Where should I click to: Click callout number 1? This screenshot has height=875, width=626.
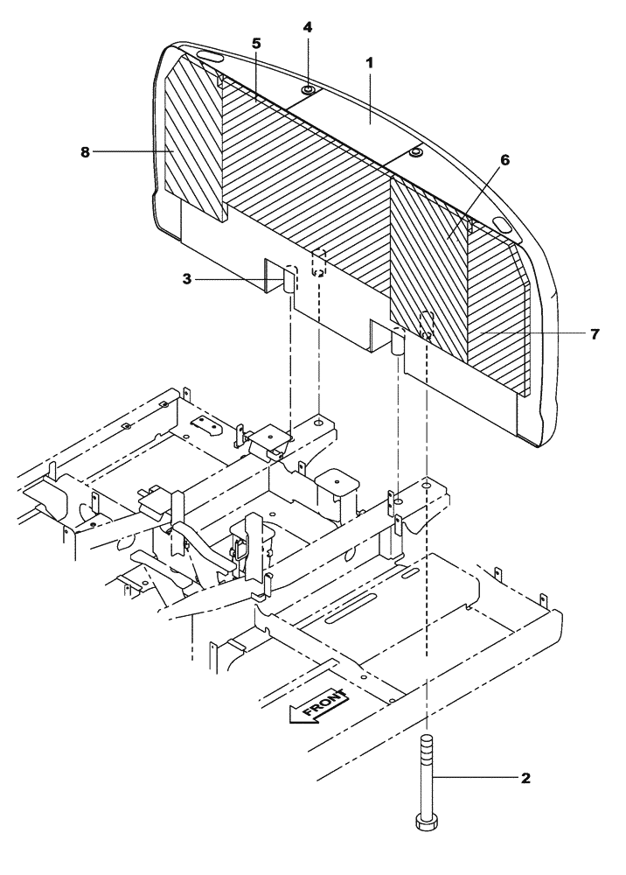point(369,64)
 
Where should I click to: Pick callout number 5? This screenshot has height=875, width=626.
point(256,44)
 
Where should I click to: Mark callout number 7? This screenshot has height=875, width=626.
point(595,333)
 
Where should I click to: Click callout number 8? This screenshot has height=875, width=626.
point(86,151)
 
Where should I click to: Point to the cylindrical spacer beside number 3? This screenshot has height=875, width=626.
point(288,283)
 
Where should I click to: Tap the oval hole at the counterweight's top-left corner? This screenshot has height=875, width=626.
point(207,56)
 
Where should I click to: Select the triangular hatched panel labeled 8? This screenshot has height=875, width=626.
point(192,140)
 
